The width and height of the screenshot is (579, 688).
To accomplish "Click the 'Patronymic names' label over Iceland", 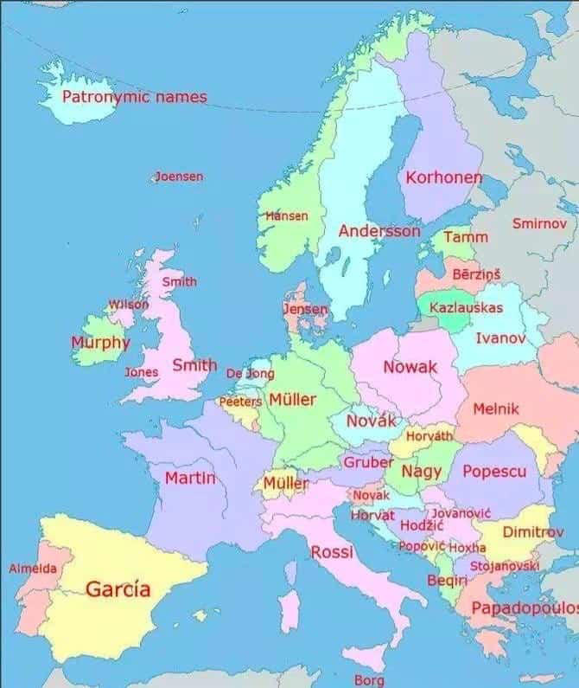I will [x=134, y=96].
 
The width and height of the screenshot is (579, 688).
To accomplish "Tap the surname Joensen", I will [x=180, y=177].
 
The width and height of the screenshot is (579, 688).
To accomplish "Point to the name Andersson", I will [x=379, y=231].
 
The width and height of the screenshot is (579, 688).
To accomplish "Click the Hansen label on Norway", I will [x=287, y=215].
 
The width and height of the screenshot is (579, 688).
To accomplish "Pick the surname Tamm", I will [x=466, y=236].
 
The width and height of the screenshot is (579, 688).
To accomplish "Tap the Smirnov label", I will [x=539, y=223].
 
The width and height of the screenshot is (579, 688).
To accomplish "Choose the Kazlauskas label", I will [x=466, y=307].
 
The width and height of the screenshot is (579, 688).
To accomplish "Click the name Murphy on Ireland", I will [x=100, y=342].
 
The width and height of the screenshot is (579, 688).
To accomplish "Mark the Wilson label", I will [x=128, y=305].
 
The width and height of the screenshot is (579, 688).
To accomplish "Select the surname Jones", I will [x=142, y=372].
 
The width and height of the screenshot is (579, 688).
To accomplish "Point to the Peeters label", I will [x=239, y=402].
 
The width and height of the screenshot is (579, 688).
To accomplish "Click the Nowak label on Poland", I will [x=410, y=367].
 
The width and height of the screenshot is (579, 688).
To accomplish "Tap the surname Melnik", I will [x=496, y=408].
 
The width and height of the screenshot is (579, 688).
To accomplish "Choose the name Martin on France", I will [x=189, y=478].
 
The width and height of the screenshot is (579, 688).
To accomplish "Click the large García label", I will [x=118, y=589].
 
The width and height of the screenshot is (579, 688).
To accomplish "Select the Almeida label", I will [x=33, y=569].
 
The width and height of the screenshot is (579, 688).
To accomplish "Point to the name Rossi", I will [x=332, y=552].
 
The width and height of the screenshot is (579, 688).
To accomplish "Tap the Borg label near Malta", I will [x=369, y=679].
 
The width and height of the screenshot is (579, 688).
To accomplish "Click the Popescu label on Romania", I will [x=494, y=472].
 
